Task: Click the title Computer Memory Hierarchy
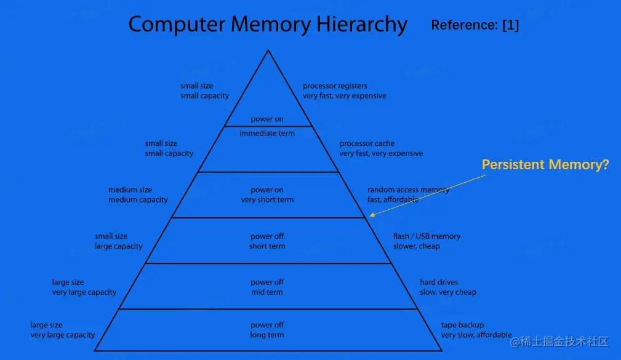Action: pos(268,25)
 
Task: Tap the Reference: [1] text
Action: pos(475,25)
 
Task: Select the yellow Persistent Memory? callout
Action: pos(545,165)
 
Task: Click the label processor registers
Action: pos(335,86)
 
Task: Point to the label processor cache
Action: pos(367,143)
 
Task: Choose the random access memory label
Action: pos(408,190)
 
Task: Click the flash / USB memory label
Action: pos(427,236)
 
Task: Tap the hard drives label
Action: pos(439,282)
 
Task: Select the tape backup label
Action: pos(462,325)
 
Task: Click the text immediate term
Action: pos(267,133)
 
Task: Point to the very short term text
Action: pos(267,199)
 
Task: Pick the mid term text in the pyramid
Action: pos(267,292)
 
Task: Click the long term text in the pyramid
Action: pos(267,335)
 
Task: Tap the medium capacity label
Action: pos(138,199)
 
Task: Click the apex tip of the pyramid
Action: pos(268,50)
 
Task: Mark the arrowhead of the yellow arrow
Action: pos(371,215)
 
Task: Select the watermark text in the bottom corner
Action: pos(559,342)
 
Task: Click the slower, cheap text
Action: pos(416,246)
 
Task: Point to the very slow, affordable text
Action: pos(476,335)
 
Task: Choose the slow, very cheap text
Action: pos(448,292)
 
